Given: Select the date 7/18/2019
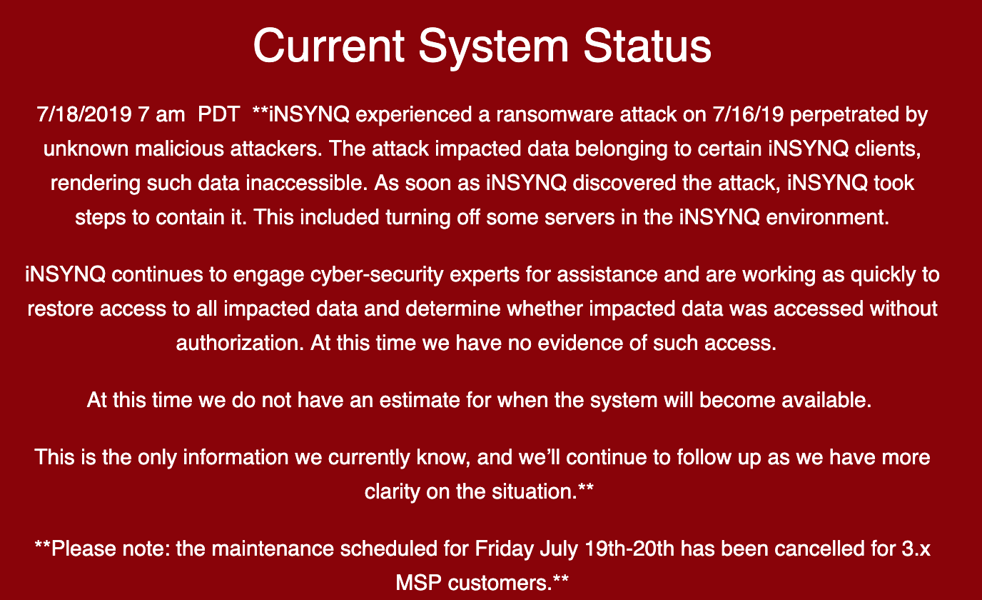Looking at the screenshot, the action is (x=84, y=114).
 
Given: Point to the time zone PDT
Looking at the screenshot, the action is (x=219, y=114).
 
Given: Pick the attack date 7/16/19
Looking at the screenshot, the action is (x=748, y=114).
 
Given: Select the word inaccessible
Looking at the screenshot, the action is (x=306, y=183).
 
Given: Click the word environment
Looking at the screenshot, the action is (x=827, y=217).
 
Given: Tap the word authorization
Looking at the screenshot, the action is (x=240, y=343).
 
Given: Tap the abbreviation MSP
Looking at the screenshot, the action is (x=418, y=583).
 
